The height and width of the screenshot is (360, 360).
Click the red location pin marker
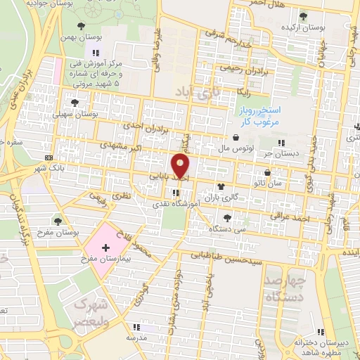coord(181,166)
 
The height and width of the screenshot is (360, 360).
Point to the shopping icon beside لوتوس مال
coord(235,138)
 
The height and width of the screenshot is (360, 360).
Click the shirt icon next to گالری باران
coord(222,187)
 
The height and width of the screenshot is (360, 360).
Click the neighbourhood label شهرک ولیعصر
coord(93,313)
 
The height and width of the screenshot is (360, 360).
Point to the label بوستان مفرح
coord(77,231)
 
